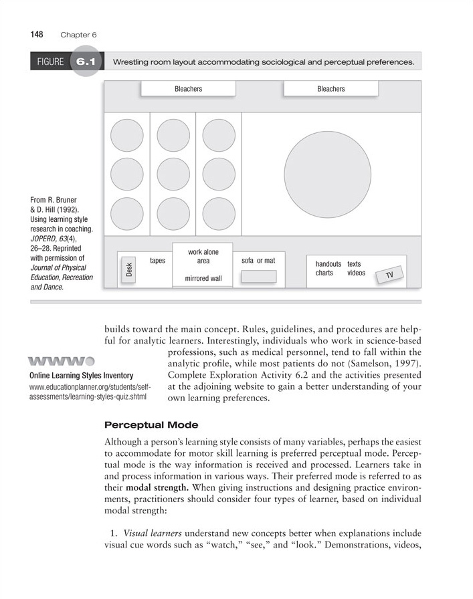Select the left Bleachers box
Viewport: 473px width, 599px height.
pyautogui.click(x=188, y=89)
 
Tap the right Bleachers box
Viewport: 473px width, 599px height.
pyautogui.click(x=330, y=89)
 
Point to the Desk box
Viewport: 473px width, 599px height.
pyautogui.click(x=128, y=269)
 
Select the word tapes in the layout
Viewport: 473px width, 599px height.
pyautogui.click(x=157, y=261)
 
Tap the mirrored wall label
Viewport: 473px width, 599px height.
pyautogui.click(x=202, y=278)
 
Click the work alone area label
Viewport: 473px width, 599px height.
pyautogui.click(x=203, y=257)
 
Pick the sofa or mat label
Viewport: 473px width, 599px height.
pyautogui.click(x=258, y=261)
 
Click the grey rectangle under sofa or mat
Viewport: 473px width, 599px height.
pyautogui.click(x=258, y=276)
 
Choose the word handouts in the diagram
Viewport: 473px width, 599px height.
pyautogui.click(x=328, y=264)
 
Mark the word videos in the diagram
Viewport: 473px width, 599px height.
pyautogui.click(x=356, y=273)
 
